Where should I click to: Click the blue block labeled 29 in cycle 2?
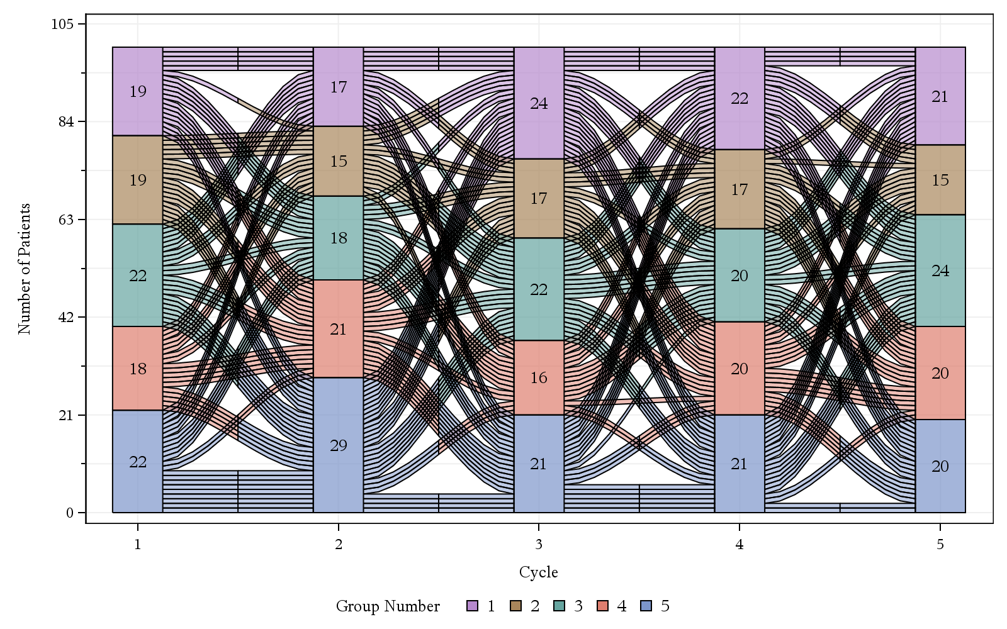(339, 445)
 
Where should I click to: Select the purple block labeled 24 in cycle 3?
(539, 103)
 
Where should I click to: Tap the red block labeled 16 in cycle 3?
(539, 377)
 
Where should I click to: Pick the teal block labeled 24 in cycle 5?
(940, 270)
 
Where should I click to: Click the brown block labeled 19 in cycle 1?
(138, 180)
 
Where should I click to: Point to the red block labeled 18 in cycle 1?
(138, 369)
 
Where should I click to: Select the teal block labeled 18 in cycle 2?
(339, 238)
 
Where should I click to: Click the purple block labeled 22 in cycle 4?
(740, 98)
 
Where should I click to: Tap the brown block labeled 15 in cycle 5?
(940, 180)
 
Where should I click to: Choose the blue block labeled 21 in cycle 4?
(740, 464)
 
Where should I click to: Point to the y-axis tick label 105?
(63, 24)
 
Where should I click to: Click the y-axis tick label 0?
(70, 513)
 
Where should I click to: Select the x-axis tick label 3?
(539, 545)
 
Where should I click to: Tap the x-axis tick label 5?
(940, 545)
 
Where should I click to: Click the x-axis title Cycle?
(539, 572)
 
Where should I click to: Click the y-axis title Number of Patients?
(25, 269)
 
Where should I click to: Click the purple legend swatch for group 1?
(473, 606)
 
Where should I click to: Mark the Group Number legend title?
(388, 606)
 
